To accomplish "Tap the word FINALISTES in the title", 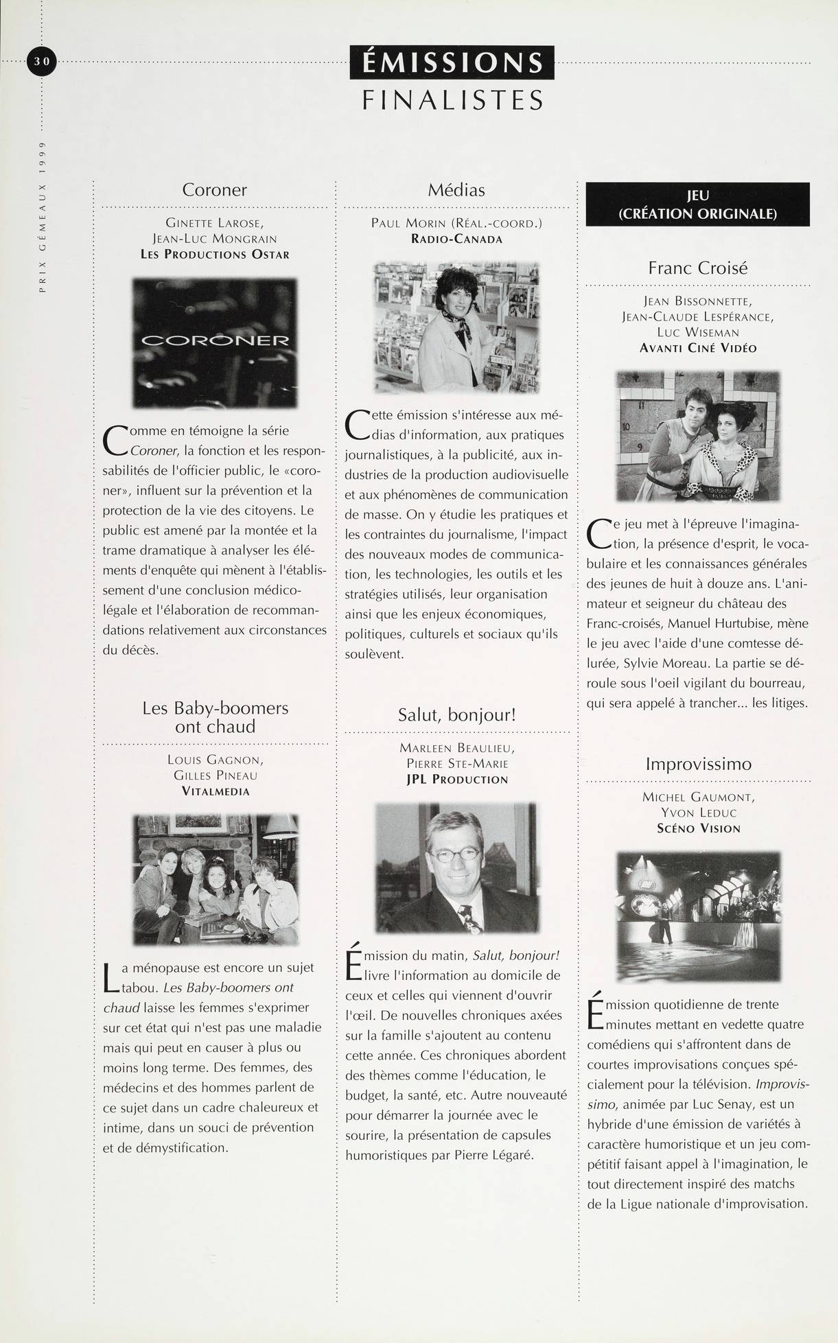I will [452, 100].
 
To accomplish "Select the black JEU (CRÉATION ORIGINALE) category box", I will [697, 205].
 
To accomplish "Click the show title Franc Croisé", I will [697, 268].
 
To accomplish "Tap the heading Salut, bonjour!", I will [456, 714].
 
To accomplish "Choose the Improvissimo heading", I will [698, 764].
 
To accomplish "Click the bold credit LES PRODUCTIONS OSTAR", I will [215, 255].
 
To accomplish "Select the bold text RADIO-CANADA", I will [456, 239].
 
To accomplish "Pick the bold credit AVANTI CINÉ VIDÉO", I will [697, 348].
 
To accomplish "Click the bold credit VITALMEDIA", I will [215, 791].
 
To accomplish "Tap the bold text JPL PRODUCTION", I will [456, 780].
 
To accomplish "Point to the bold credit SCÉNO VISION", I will [698, 828].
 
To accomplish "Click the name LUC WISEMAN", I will [697, 332].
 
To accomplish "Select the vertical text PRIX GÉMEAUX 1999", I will [42, 218].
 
